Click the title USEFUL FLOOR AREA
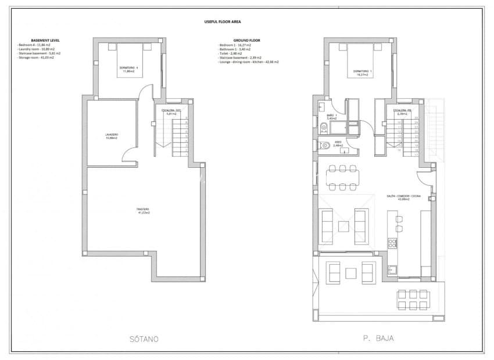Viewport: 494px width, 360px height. (224, 21)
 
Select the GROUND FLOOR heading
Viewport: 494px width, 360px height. (231, 40)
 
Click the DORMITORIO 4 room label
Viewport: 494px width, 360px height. (128, 69)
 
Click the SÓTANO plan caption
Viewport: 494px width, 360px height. (141, 339)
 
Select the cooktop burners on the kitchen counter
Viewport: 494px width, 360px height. (393, 243)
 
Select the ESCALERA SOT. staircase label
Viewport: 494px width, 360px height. (171, 112)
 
